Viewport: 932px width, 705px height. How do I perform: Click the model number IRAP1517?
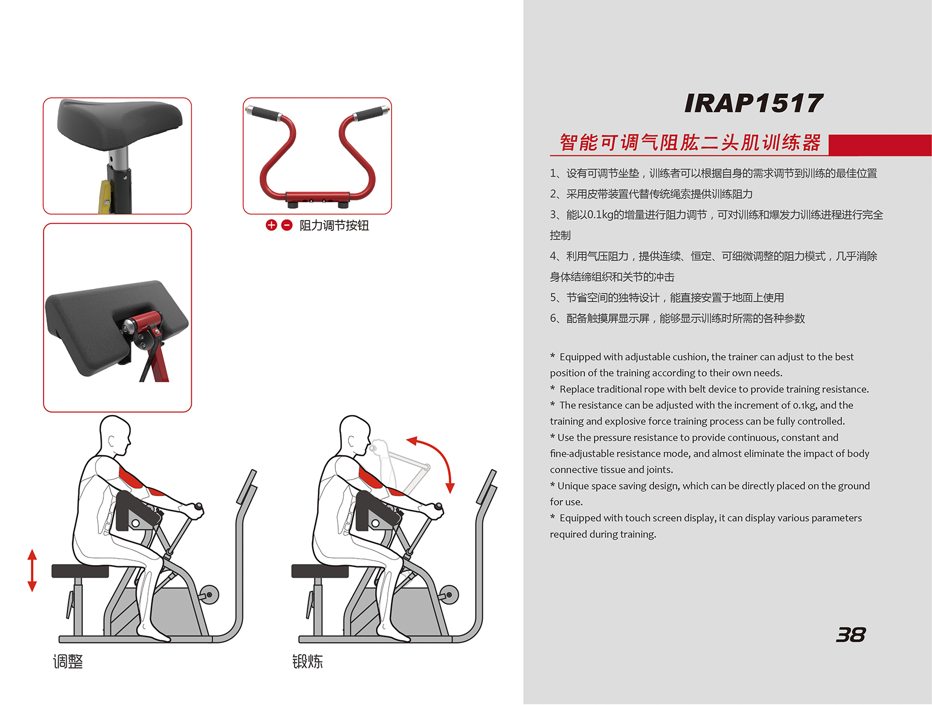(754, 103)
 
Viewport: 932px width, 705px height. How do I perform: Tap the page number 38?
(851, 635)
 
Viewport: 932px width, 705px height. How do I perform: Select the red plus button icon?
(271, 225)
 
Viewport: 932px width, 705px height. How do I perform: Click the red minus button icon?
(287, 225)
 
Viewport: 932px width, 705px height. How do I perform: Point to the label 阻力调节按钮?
(334, 225)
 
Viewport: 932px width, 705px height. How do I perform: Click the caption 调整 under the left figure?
(68, 661)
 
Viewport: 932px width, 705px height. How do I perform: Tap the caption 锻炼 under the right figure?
(308, 661)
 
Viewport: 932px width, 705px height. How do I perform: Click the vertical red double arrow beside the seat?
(32, 570)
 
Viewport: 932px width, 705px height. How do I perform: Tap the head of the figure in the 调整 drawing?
(115, 435)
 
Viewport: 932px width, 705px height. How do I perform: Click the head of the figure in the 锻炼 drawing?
(355, 435)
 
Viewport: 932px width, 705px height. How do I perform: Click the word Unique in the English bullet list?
(573, 486)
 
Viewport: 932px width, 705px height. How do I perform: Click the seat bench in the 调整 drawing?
(80, 571)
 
